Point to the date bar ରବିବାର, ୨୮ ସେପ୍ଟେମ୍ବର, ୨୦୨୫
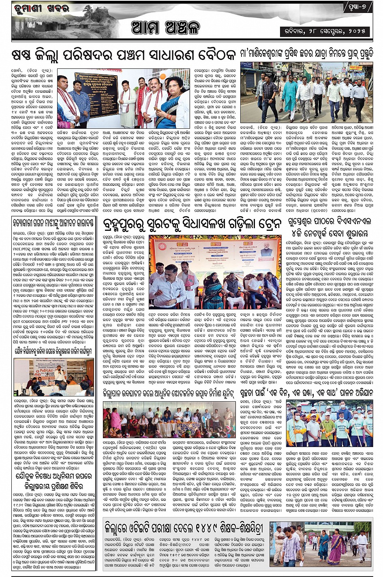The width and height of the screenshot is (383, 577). click(326, 31)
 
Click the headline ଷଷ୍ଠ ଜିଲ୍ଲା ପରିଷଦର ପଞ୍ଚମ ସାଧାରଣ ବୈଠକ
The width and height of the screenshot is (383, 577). click(124, 55)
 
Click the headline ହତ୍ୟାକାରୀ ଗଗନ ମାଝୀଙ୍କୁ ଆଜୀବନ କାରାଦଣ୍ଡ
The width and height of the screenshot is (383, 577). click(53, 222)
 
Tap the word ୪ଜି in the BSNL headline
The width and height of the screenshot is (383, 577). click(295, 234)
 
